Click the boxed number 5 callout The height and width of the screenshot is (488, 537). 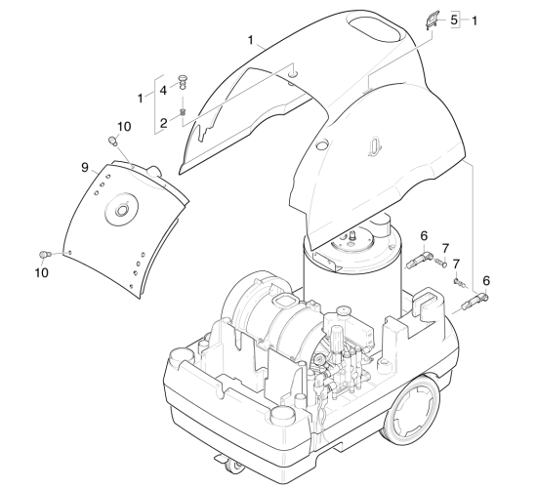pyautogui.click(x=454, y=20)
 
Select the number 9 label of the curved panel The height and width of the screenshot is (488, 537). pyautogui.click(x=85, y=168)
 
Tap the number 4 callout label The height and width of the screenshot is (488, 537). pyautogui.click(x=163, y=91)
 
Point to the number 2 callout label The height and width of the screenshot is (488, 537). pyautogui.click(x=164, y=123)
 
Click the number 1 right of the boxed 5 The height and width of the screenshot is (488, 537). pyautogui.click(x=474, y=20)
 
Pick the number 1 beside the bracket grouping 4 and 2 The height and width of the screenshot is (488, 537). pyautogui.click(x=140, y=99)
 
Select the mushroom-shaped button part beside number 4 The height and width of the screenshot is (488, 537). pyautogui.click(x=183, y=82)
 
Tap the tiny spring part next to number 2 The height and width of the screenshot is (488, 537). pyautogui.click(x=183, y=111)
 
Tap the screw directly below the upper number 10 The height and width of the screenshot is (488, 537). pyautogui.click(x=112, y=141)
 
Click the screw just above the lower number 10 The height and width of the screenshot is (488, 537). pyautogui.click(x=45, y=255)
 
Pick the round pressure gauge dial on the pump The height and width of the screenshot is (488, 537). pyautogui.click(x=320, y=359)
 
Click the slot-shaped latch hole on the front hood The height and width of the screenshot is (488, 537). pyautogui.click(x=375, y=146)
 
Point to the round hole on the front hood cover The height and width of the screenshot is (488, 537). pyautogui.click(x=322, y=144)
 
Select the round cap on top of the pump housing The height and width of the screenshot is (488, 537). pyautogui.click(x=344, y=310)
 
